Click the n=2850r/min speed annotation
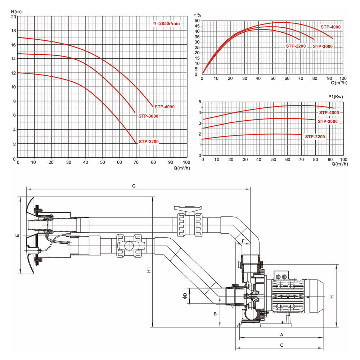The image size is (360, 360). [166, 23]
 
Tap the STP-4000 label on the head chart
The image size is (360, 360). [165, 107]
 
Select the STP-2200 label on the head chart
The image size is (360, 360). [149, 141]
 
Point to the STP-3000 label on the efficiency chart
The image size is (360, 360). [323, 46]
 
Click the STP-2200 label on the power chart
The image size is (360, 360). [315, 136]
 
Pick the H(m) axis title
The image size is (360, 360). [16, 12]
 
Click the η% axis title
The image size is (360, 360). [198, 15]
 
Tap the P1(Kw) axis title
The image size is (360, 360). [336, 96]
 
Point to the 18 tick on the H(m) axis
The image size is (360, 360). [14, 31]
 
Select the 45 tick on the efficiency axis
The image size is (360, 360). [197, 26]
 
